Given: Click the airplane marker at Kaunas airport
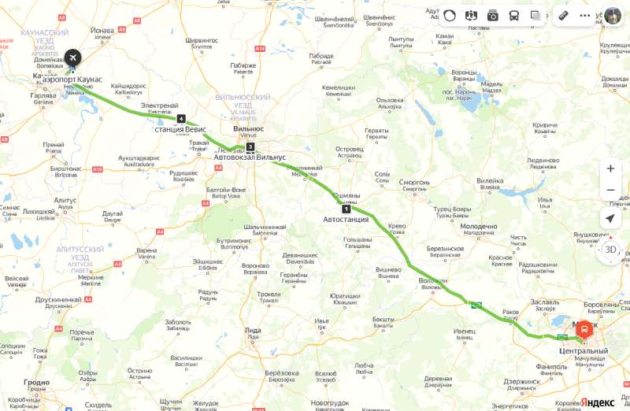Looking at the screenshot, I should click(72, 59).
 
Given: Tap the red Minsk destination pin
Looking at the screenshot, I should click(584, 331).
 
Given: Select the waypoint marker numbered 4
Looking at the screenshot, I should click(181, 119).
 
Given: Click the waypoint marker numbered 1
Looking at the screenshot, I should click(346, 209).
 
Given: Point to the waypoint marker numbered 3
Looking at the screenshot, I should click(250, 146).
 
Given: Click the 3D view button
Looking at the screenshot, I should click(610, 250).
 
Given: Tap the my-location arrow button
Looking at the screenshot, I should click(610, 218).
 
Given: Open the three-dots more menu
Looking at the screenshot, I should click(584, 15).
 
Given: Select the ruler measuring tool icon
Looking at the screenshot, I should click(563, 15).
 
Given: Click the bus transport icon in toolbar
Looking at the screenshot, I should click(514, 15).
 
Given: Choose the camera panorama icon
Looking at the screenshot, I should click(493, 15).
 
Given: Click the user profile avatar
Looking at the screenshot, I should click(613, 16).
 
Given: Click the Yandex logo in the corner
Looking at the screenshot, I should click(598, 402).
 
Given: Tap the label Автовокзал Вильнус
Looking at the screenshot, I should click(250, 157).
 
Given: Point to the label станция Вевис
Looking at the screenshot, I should click(181, 129).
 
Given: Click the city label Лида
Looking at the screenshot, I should click(253, 329).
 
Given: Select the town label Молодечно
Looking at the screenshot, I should click(478, 226).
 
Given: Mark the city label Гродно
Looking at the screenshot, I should click(36, 383).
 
